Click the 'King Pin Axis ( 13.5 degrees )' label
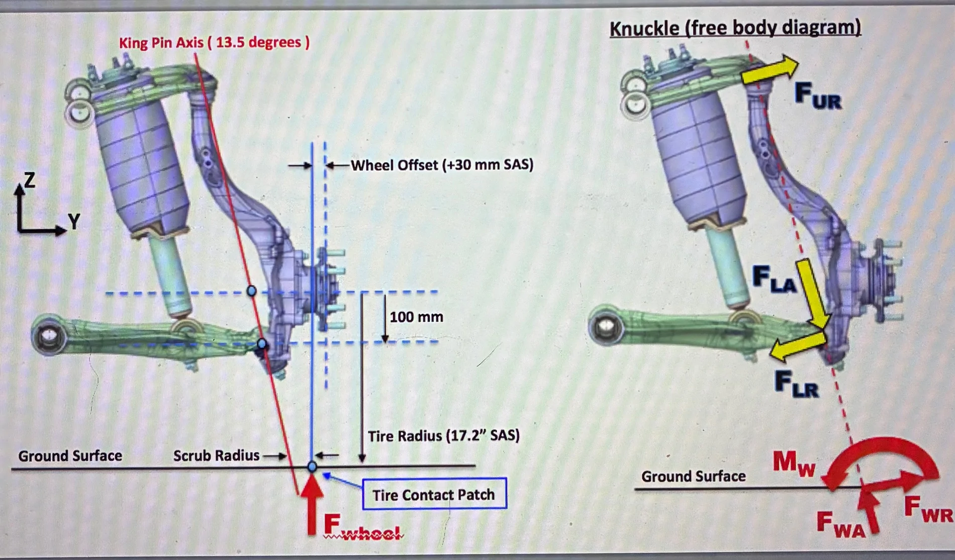[x=214, y=42]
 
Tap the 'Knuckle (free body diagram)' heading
[x=735, y=28]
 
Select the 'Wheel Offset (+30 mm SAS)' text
[x=442, y=165]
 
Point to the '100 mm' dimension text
[x=416, y=317]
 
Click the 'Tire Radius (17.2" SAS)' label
[x=443, y=435]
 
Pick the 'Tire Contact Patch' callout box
[x=434, y=494]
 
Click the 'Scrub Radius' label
[x=216, y=455]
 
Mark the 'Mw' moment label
[x=794, y=462]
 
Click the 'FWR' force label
[x=928, y=509]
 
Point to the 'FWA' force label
[x=840, y=524]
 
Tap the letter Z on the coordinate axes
[x=30, y=179]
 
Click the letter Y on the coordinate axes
[x=74, y=221]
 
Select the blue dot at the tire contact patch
[x=312, y=466]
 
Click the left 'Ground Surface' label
[x=70, y=456]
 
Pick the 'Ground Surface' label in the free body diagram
[x=693, y=476]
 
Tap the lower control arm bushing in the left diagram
[x=49, y=335]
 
